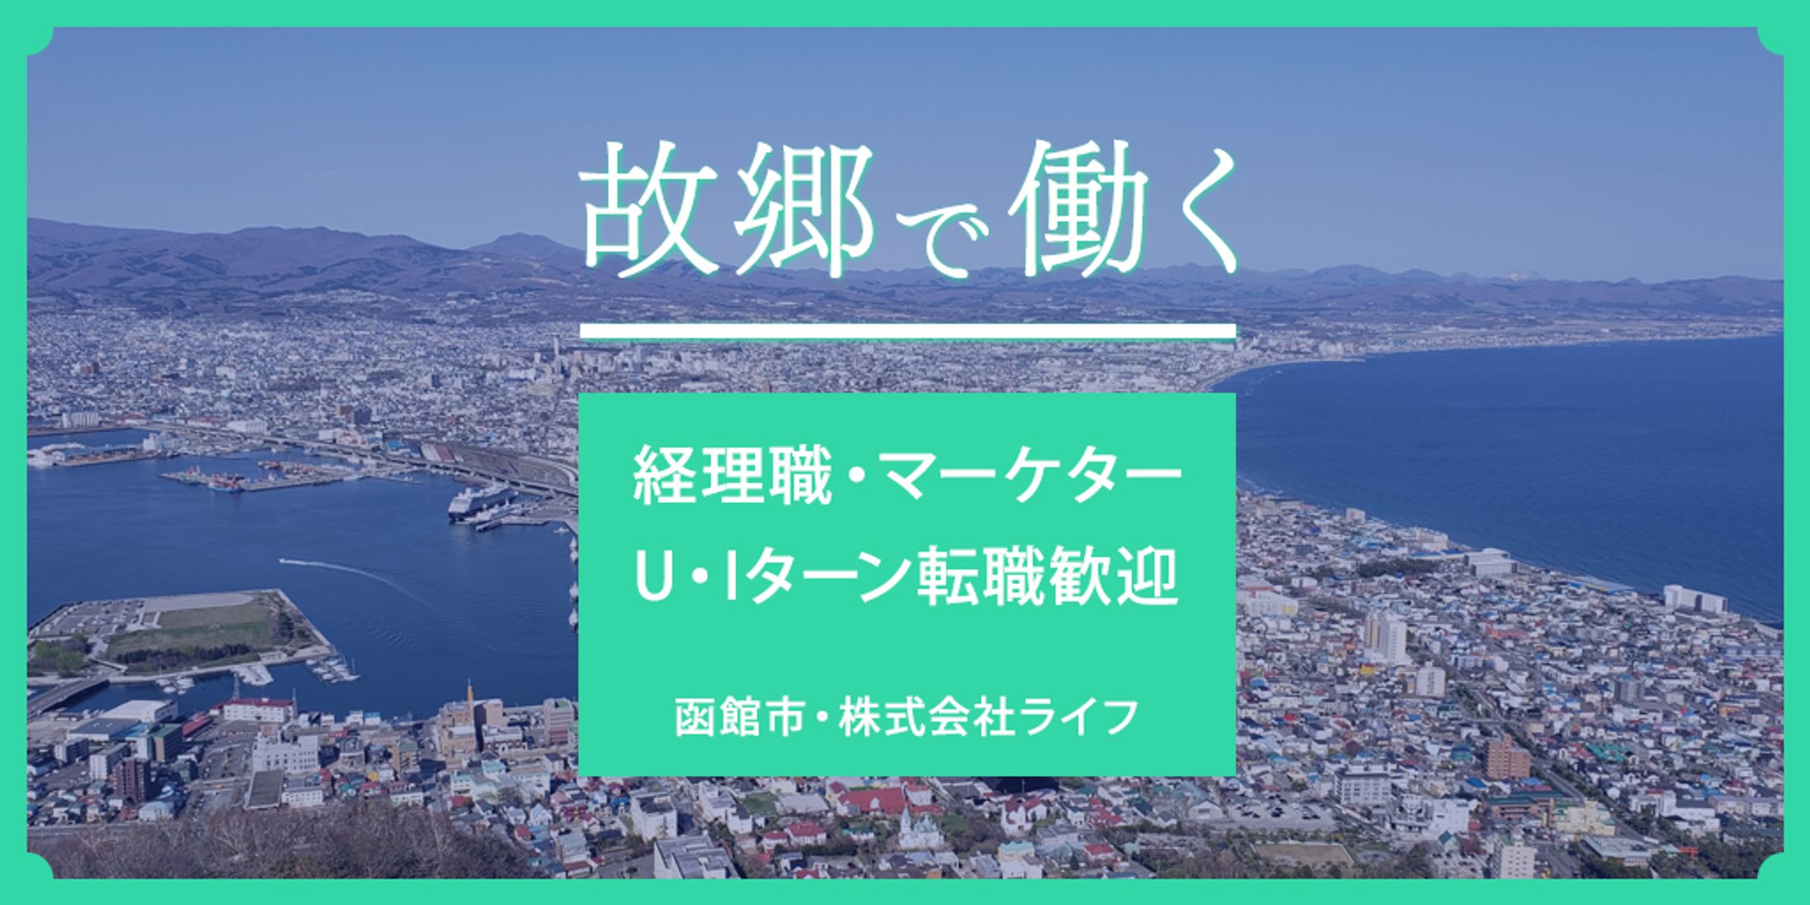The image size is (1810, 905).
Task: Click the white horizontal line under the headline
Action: (x=907, y=332)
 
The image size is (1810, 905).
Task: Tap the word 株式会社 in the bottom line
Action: (x=927, y=716)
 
